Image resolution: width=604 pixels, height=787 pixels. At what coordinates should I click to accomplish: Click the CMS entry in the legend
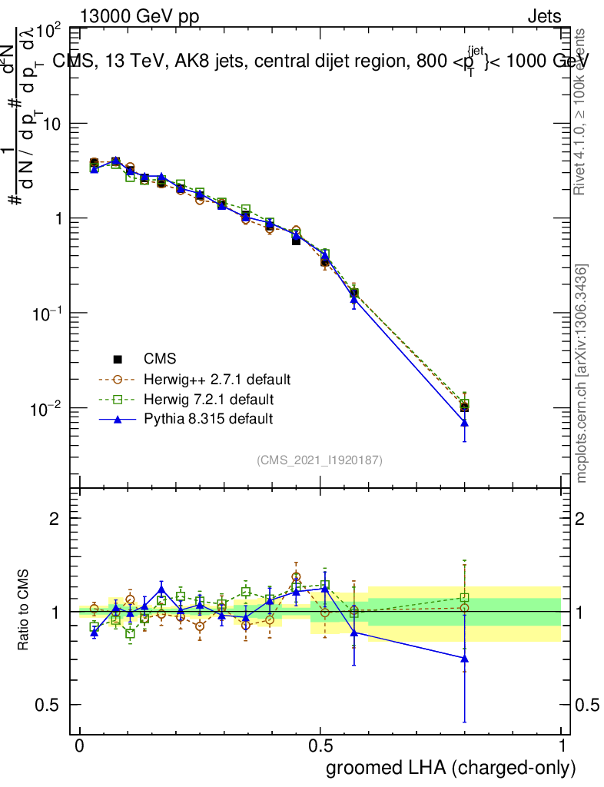[x=159, y=358]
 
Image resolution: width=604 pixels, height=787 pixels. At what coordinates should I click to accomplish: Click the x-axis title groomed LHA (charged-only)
[x=451, y=767]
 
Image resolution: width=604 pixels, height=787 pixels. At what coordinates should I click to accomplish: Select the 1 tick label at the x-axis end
[x=563, y=746]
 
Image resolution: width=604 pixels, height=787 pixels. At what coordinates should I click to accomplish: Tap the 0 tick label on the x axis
[x=79, y=746]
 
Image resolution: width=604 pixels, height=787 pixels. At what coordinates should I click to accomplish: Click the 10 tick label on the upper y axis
[x=51, y=125]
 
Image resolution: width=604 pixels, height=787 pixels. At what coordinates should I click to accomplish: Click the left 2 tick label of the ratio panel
[x=54, y=518]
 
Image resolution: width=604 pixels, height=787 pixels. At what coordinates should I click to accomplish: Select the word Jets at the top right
[x=544, y=17]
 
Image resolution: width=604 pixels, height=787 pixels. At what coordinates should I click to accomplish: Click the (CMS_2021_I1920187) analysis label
[x=320, y=460]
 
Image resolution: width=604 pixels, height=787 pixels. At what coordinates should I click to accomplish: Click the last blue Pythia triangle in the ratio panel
[x=464, y=658]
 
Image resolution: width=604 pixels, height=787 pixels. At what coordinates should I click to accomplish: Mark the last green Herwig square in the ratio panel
[x=464, y=597]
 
